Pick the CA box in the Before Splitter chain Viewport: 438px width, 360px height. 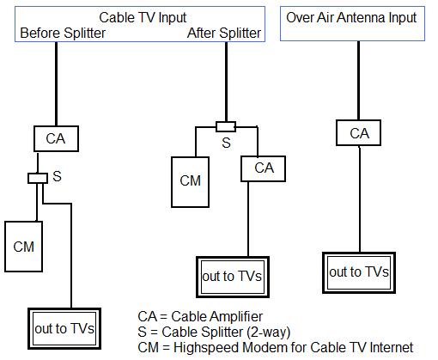point(55,137)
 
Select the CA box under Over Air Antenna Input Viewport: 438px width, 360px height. point(359,134)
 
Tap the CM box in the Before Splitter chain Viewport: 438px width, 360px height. point(24,247)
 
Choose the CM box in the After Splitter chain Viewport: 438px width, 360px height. point(191,181)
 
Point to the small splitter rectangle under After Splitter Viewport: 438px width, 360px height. point(226,127)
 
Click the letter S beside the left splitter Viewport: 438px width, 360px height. point(57,176)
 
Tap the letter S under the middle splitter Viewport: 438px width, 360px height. point(226,143)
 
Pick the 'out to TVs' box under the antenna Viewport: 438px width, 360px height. point(359,272)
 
